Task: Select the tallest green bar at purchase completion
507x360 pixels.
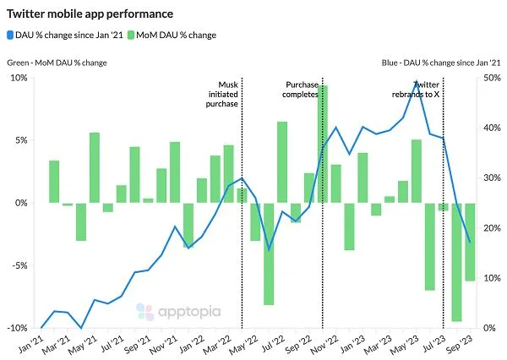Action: [323, 144]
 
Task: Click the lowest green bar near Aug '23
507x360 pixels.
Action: [457, 262]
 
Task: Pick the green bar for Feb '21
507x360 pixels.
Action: [54, 182]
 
